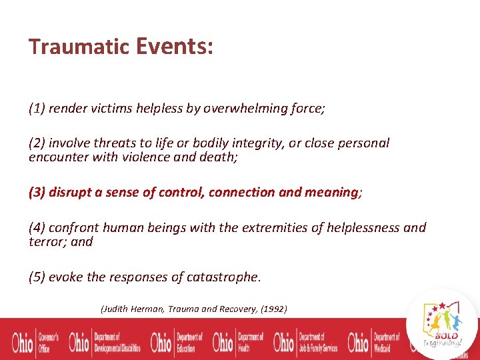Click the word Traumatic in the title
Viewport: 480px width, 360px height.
pos(79,47)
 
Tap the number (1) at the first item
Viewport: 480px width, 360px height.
pos(37,109)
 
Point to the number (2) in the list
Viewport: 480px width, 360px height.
pos(37,143)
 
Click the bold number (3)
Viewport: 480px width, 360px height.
pos(38,192)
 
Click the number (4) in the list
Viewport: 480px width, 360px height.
pos(37,228)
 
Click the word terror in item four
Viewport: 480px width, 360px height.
pos(46,241)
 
